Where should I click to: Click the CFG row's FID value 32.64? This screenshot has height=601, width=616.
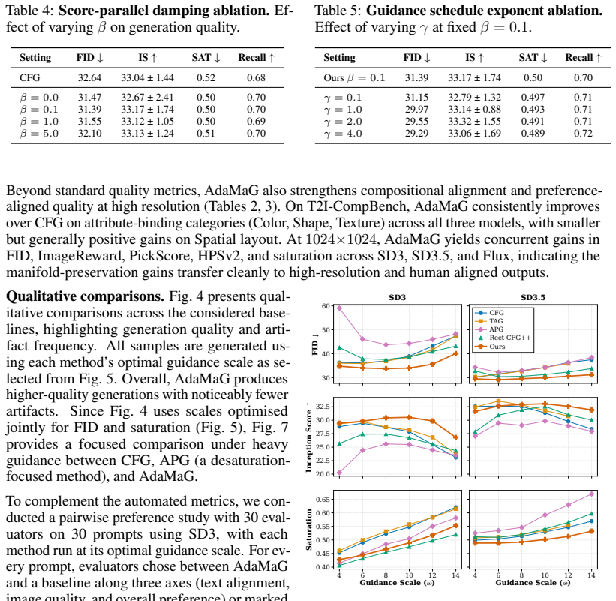click(89, 78)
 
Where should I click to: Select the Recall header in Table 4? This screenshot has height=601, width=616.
click(257, 58)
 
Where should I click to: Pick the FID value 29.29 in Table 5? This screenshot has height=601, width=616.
click(417, 133)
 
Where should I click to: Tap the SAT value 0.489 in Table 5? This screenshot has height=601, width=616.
click(533, 133)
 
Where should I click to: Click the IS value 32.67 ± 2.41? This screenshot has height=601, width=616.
click(147, 97)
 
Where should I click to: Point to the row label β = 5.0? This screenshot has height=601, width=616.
click(39, 133)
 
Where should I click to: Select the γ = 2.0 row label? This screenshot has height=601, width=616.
click(343, 122)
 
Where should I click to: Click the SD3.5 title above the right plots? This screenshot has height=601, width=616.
click(533, 297)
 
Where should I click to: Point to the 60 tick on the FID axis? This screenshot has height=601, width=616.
click(326, 306)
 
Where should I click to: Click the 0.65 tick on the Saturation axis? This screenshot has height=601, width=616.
click(323, 500)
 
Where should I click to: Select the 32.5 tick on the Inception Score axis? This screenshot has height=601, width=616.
click(323, 406)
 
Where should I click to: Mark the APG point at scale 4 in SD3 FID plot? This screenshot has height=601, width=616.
click(339, 308)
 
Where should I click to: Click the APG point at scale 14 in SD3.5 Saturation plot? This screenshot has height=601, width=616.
click(592, 494)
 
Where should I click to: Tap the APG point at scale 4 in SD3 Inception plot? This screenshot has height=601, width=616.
click(339, 473)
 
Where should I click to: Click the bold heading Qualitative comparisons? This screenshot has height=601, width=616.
click(86, 296)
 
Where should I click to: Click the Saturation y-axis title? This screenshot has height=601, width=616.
click(309, 530)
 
